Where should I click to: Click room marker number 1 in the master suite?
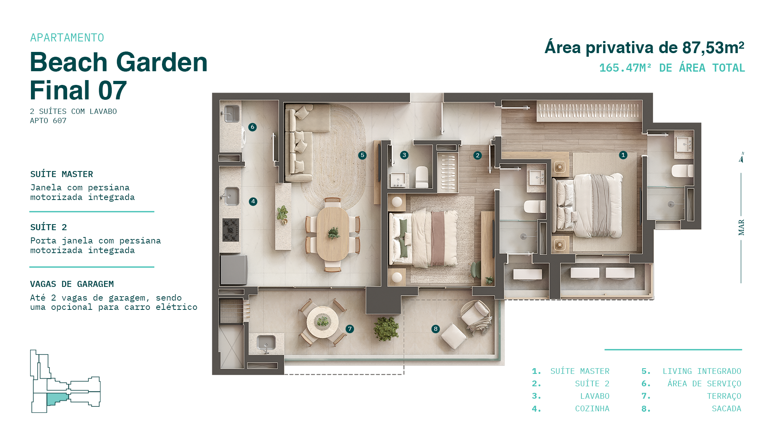tap(623, 155)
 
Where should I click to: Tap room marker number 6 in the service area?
tap(252, 127)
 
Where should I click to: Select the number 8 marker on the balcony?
tap(435, 329)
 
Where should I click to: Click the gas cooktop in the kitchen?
tap(231, 230)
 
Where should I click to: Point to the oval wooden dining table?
tap(333, 234)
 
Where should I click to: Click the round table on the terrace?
tap(322, 322)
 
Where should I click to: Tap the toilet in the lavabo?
tap(422, 177)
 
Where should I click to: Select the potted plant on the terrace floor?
tap(386, 328)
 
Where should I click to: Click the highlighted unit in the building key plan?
tap(57, 399)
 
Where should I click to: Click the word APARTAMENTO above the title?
tap(67, 38)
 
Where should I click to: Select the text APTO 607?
tap(48, 121)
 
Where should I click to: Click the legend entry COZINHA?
tap(592, 409)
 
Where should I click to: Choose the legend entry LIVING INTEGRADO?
tap(702, 371)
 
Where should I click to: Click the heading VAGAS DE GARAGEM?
tap(72, 284)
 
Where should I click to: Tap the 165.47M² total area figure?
tap(625, 68)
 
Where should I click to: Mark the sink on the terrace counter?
tap(266, 343)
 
